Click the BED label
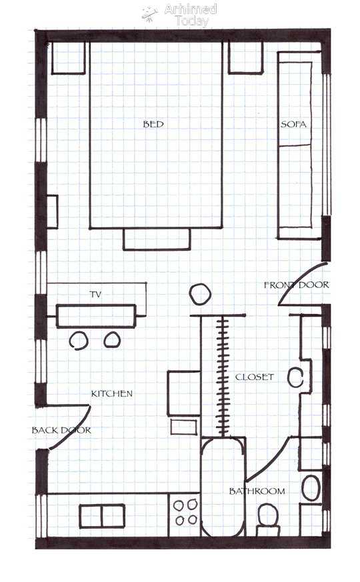[153, 124]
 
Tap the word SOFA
[293, 124]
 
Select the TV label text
[95, 295]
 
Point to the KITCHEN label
[112, 393]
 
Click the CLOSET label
[255, 377]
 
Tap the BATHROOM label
[257, 491]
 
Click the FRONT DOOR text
[297, 285]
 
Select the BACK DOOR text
[61, 430]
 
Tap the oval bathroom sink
[311, 488]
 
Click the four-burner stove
[185, 515]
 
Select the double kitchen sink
[102, 515]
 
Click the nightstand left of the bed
[68, 58]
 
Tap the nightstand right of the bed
[245, 57]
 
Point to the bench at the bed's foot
[157, 239]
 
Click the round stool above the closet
[200, 295]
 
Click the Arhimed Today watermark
[180, 15]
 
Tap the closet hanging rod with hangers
[223, 375]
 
